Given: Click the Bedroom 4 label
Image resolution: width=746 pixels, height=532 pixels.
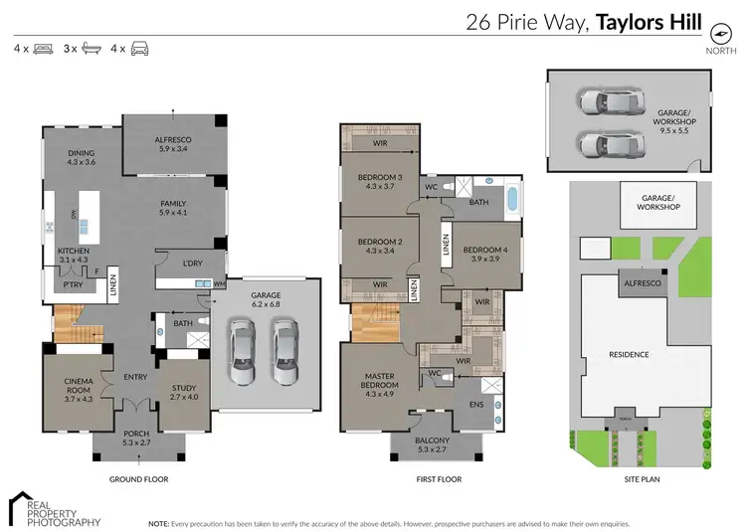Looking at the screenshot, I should (485, 250).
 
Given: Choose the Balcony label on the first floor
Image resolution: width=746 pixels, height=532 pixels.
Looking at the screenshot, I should (432, 440).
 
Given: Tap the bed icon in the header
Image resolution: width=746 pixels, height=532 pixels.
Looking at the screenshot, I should (43, 48).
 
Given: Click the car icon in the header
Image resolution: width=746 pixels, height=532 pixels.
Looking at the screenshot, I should (140, 48).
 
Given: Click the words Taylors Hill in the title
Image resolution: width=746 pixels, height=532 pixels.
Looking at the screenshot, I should (649, 22).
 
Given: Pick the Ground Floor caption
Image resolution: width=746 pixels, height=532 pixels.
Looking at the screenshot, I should (138, 479).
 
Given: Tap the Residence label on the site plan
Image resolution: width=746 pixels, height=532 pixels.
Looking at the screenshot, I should (629, 354).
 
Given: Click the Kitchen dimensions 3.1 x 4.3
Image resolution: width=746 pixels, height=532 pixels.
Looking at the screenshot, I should (74, 260).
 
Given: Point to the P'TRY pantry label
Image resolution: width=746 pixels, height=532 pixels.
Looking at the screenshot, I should (73, 284).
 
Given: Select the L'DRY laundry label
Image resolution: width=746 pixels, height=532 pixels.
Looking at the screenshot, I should (194, 263).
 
